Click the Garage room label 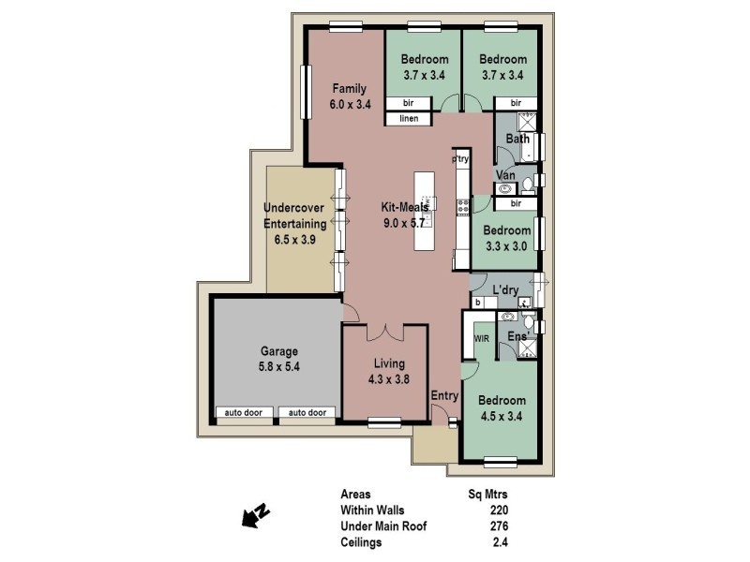tap(278, 351)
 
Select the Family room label tap(349, 89)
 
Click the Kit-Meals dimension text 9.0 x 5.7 tap(403, 223)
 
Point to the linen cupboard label tap(408, 119)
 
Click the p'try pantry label tap(460, 160)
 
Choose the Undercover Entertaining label tap(294, 215)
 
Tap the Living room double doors tap(385, 332)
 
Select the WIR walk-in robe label tap(482, 338)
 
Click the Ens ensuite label tap(516, 336)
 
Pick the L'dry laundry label tap(506, 290)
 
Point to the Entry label tap(444, 396)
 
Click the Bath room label tap(517, 140)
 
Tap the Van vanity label tap(506, 175)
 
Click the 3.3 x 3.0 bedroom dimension tap(507, 246)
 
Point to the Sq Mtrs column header tap(487, 494)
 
